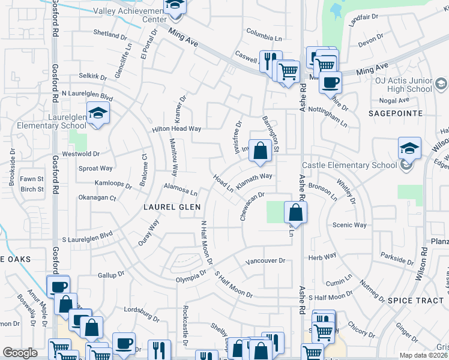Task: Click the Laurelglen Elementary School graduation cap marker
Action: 97,113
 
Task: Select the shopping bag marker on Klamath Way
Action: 260,151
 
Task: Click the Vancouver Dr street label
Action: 265,261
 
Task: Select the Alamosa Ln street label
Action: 181,190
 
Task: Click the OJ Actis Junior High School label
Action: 403,84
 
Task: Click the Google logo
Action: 20,353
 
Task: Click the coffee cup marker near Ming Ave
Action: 329,82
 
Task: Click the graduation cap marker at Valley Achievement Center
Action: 175,5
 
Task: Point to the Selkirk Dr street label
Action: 92,77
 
